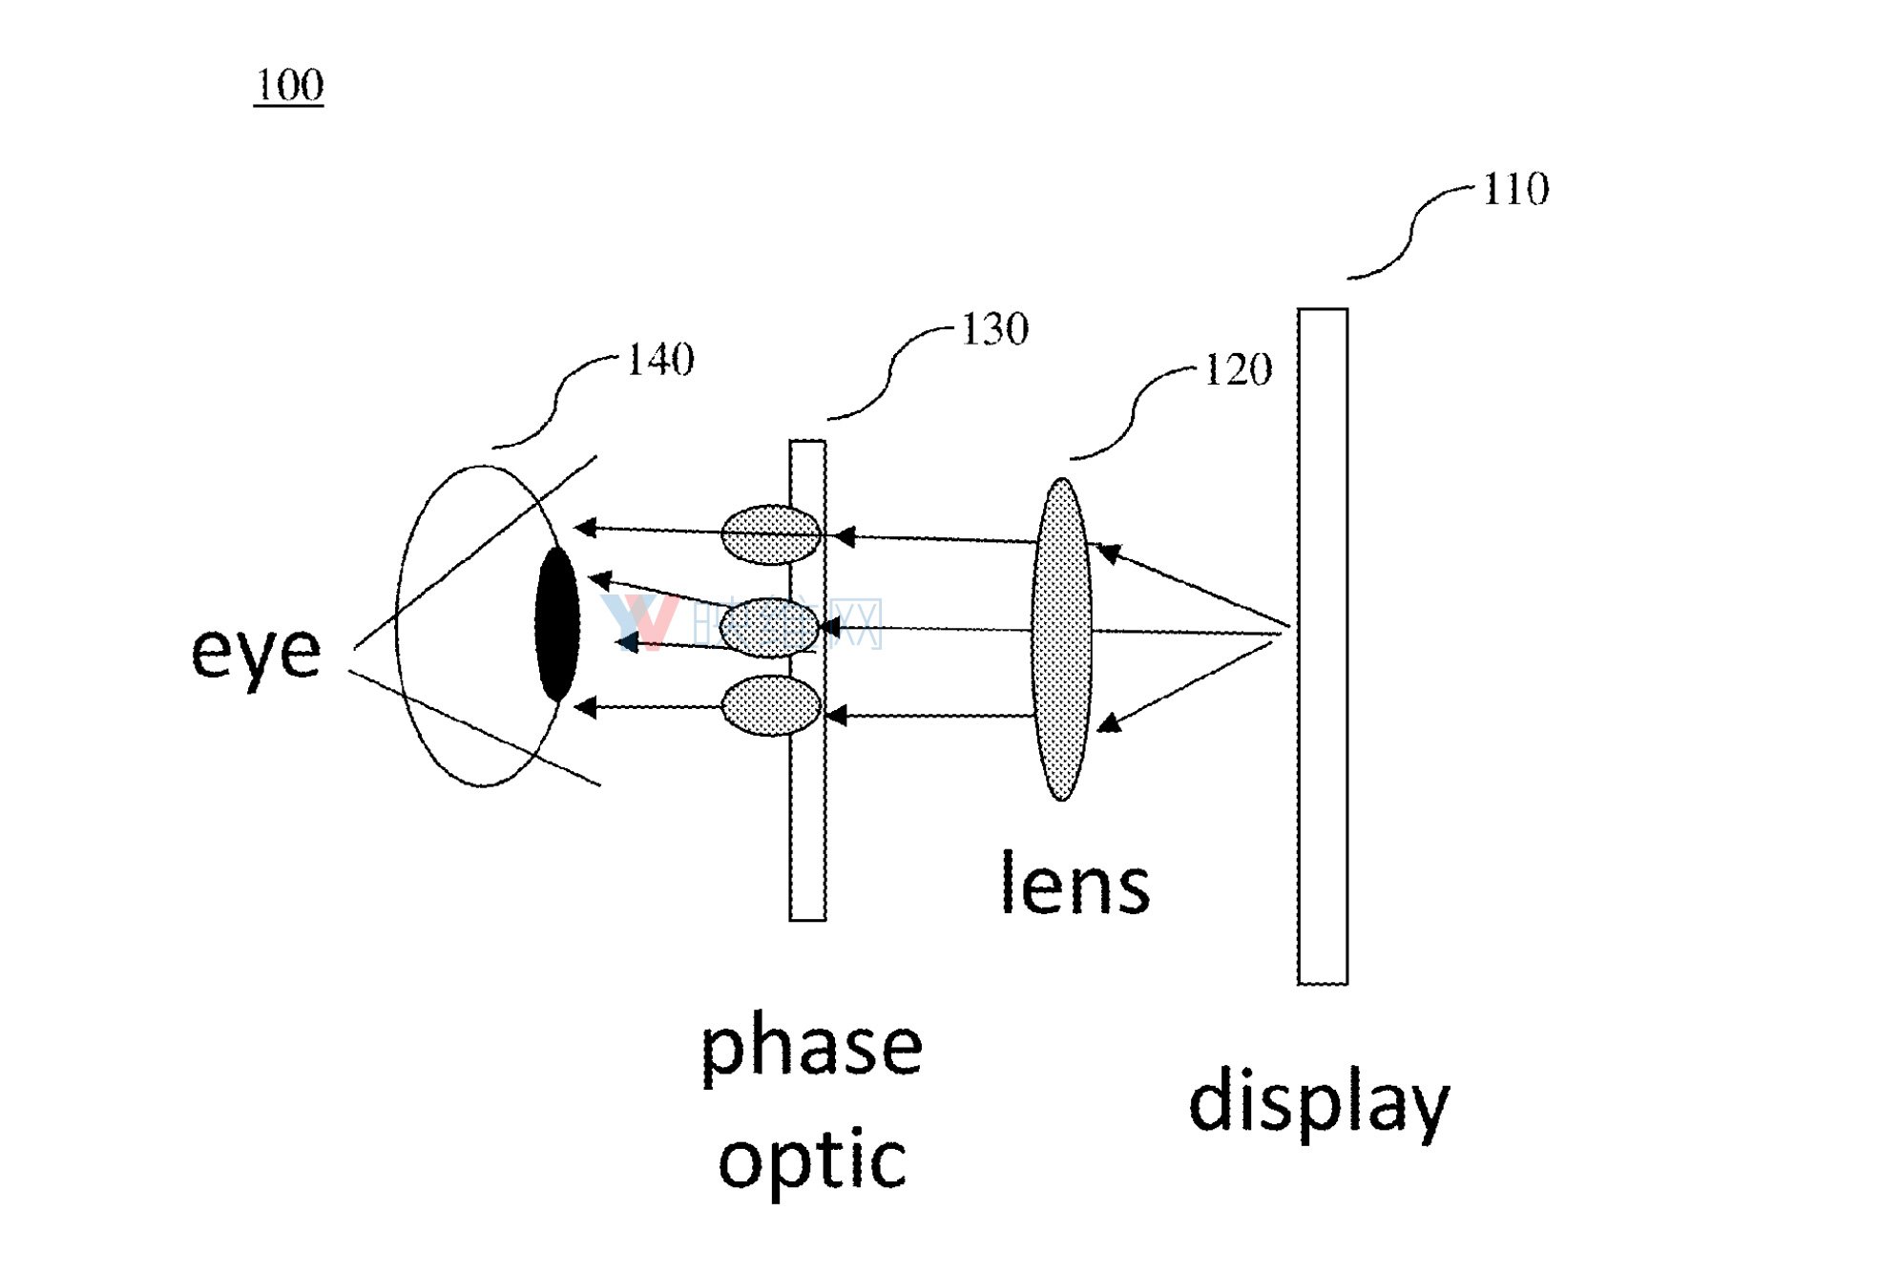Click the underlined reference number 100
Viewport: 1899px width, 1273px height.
coord(289,86)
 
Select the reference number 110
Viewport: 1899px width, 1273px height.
coord(1515,189)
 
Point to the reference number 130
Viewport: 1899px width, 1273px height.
coord(994,330)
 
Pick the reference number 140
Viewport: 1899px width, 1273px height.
coord(660,361)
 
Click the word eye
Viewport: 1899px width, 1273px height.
coord(256,654)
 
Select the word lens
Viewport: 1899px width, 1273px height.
coord(1075,886)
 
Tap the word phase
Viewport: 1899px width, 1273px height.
coord(812,1048)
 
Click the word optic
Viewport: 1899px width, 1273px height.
coord(812,1160)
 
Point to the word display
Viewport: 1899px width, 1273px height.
coord(1319,1103)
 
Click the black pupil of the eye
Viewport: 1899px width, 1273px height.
coord(557,625)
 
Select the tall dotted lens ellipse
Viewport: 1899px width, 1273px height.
coord(1061,639)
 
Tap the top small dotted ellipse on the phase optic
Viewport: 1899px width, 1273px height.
coord(770,534)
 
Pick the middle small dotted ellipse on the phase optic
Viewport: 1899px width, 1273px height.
coord(768,627)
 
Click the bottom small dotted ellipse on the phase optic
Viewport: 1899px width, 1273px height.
coord(770,706)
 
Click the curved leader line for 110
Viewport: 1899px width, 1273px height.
coord(1410,234)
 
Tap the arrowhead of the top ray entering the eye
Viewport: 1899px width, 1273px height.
coord(585,527)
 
